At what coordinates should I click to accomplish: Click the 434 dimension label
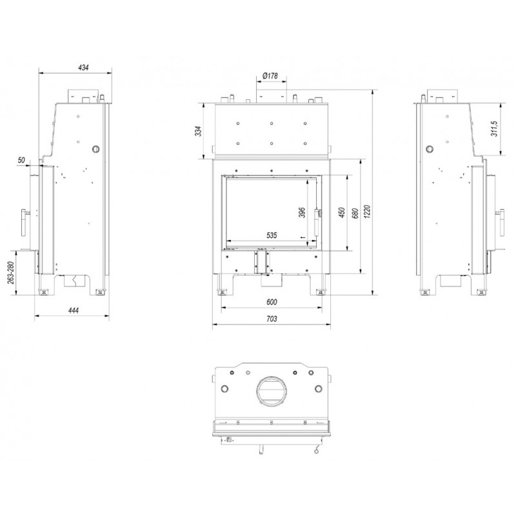83,68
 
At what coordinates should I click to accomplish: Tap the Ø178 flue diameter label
270,75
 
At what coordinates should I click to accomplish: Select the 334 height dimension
198,131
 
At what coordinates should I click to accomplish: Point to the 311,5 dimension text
494,128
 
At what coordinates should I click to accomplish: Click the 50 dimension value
21,160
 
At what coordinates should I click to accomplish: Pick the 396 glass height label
302,212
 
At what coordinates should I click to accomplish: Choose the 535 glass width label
272,235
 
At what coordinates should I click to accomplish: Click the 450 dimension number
342,212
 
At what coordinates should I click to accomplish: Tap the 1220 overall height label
368,212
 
